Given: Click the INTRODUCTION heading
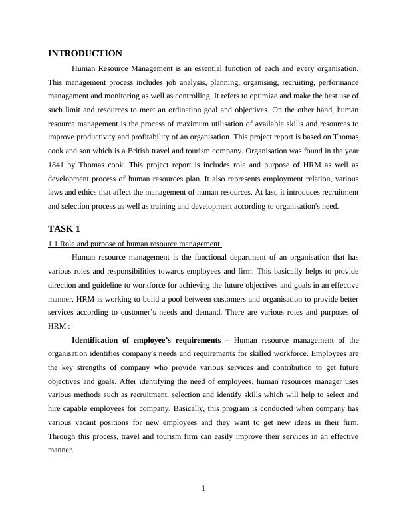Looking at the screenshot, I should tap(85, 54).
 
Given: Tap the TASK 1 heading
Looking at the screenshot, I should tap(64, 229).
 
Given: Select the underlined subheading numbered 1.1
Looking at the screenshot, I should tap(134, 244).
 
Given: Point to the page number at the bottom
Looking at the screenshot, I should tap(203, 489).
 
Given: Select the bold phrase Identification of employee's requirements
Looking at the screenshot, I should tap(146, 340).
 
